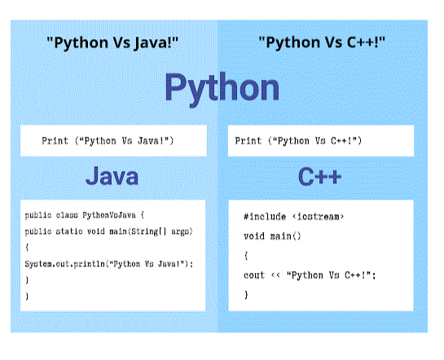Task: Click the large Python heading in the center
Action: point(222,89)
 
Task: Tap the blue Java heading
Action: point(112,176)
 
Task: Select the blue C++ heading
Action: point(319,176)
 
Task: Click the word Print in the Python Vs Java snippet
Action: point(55,141)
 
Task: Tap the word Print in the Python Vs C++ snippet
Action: point(248,141)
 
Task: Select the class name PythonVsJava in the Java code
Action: point(109,215)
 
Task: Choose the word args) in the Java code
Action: point(182,232)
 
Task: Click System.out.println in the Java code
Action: point(65,264)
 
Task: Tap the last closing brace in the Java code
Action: point(27,296)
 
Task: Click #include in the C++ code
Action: point(265,217)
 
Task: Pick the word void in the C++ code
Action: point(254,236)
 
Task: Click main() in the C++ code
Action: point(286,236)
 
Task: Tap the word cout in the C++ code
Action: point(254,275)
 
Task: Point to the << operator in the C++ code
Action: point(275,275)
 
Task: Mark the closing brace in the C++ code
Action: point(246,295)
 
